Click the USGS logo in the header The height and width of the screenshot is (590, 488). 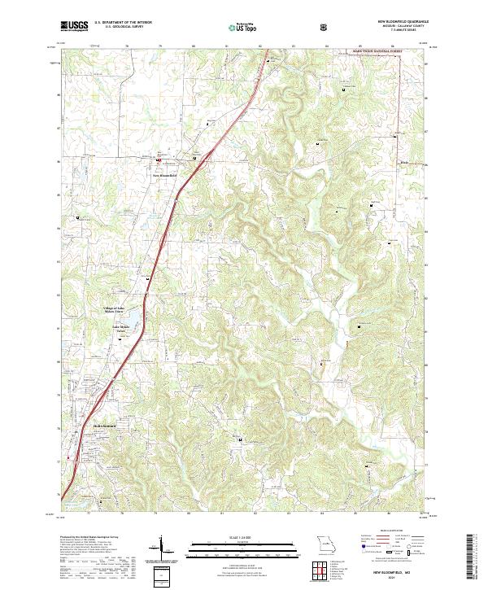[74, 26]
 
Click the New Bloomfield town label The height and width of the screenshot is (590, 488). [165, 174]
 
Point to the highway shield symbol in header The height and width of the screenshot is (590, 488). [325, 26]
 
